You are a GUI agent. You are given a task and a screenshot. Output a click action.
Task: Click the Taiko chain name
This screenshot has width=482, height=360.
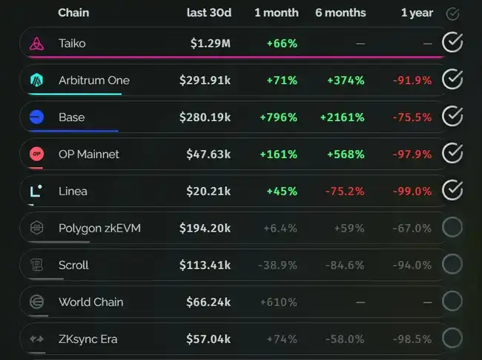point(72,43)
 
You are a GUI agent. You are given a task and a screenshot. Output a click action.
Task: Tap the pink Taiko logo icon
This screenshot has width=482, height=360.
point(37,43)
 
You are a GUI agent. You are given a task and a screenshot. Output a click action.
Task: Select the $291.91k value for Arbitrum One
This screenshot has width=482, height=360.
point(205,80)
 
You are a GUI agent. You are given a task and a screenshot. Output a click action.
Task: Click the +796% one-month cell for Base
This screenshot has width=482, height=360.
point(278,117)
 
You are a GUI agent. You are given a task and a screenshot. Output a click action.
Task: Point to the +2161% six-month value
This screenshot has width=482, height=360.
point(342,117)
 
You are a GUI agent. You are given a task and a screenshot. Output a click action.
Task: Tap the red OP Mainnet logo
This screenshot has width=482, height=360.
point(37,154)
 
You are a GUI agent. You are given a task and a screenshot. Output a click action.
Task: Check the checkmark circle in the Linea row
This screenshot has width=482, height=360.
point(452,191)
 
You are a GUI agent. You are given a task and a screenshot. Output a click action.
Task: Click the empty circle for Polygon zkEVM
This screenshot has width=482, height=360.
point(452,228)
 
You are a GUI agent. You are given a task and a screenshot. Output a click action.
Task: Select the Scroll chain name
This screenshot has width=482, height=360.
point(73,265)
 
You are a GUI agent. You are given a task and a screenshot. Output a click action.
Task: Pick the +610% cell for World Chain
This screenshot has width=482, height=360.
point(279,302)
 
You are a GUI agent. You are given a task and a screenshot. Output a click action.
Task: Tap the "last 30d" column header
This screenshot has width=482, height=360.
point(208,13)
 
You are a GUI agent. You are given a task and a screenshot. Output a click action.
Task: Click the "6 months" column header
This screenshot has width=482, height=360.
point(340,13)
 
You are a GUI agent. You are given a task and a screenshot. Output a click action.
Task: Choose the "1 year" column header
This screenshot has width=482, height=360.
point(416,13)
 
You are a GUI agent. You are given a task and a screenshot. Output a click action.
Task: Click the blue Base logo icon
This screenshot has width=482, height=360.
point(37,117)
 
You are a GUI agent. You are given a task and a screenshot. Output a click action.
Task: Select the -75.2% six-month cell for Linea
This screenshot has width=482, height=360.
point(344,191)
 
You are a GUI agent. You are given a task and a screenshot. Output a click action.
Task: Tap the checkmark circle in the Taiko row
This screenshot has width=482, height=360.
point(452,43)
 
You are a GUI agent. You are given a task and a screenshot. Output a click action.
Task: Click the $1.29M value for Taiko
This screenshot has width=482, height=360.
point(210,43)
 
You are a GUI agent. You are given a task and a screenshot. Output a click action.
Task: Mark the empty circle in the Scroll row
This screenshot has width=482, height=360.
point(452,265)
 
